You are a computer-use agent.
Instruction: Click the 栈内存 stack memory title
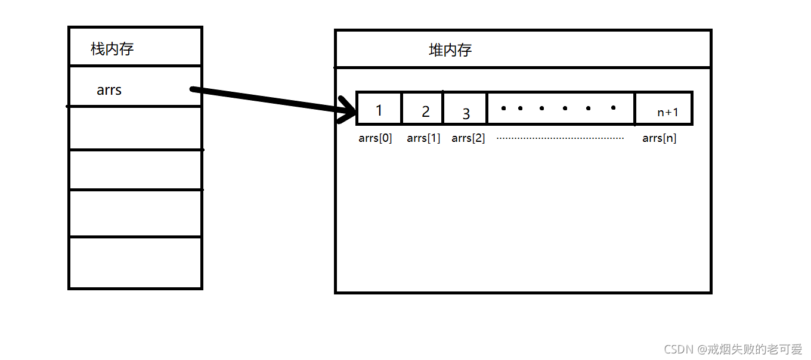pyautogui.click(x=112, y=49)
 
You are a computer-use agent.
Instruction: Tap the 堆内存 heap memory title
pyautogui.click(x=450, y=50)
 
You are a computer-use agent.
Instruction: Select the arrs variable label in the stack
pyautogui.click(x=109, y=91)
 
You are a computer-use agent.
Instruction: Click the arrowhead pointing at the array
pyautogui.click(x=346, y=111)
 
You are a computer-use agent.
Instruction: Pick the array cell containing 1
pyautogui.click(x=379, y=108)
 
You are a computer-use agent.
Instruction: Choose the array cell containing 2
pyautogui.click(x=423, y=108)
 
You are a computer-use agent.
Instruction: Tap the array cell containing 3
pyautogui.click(x=465, y=108)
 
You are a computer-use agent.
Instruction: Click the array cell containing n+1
pyautogui.click(x=664, y=108)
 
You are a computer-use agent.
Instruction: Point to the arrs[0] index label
pyautogui.click(x=375, y=138)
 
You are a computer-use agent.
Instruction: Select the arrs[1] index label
pyautogui.click(x=423, y=138)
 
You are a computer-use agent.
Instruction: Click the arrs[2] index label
pyautogui.click(x=468, y=138)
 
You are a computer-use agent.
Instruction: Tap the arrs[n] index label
pyautogui.click(x=659, y=138)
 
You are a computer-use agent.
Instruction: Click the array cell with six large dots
pyautogui.click(x=561, y=108)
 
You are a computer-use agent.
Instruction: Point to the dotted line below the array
pyautogui.click(x=560, y=138)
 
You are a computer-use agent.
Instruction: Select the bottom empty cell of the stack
pyautogui.click(x=135, y=263)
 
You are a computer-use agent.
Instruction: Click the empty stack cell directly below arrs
pyautogui.click(x=135, y=129)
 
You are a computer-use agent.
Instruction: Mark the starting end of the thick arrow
pyautogui.click(x=193, y=89)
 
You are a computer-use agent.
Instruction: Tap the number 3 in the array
pyautogui.click(x=466, y=113)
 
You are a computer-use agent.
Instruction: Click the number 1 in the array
pyautogui.click(x=379, y=110)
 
